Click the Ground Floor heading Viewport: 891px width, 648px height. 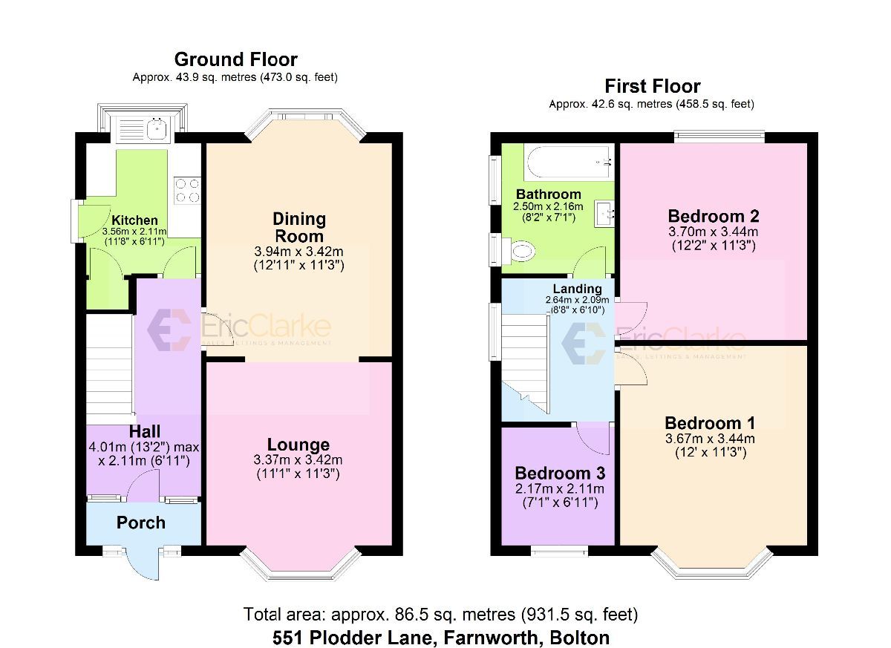pyautogui.click(x=235, y=59)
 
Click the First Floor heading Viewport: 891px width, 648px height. pyautogui.click(x=652, y=86)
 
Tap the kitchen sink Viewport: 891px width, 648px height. pyautogui.click(x=157, y=131)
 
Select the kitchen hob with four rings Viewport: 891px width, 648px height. pyautogui.click(x=186, y=191)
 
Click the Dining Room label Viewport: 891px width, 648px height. pyautogui.click(x=299, y=227)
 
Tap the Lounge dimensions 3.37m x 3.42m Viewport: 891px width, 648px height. pyautogui.click(x=298, y=460)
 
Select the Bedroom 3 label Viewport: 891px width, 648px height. pyautogui.click(x=560, y=474)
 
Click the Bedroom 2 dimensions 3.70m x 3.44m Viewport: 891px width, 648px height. pyautogui.click(x=713, y=232)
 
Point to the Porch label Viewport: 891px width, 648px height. pyautogui.click(x=141, y=523)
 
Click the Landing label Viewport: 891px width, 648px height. pyautogui.click(x=577, y=289)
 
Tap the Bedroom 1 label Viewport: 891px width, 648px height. pyautogui.click(x=710, y=423)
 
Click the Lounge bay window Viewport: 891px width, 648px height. pyautogui.click(x=299, y=568)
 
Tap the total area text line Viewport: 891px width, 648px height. pyautogui.click(x=440, y=615)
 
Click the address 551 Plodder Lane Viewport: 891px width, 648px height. pyautogui.click(x=441, y=637)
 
